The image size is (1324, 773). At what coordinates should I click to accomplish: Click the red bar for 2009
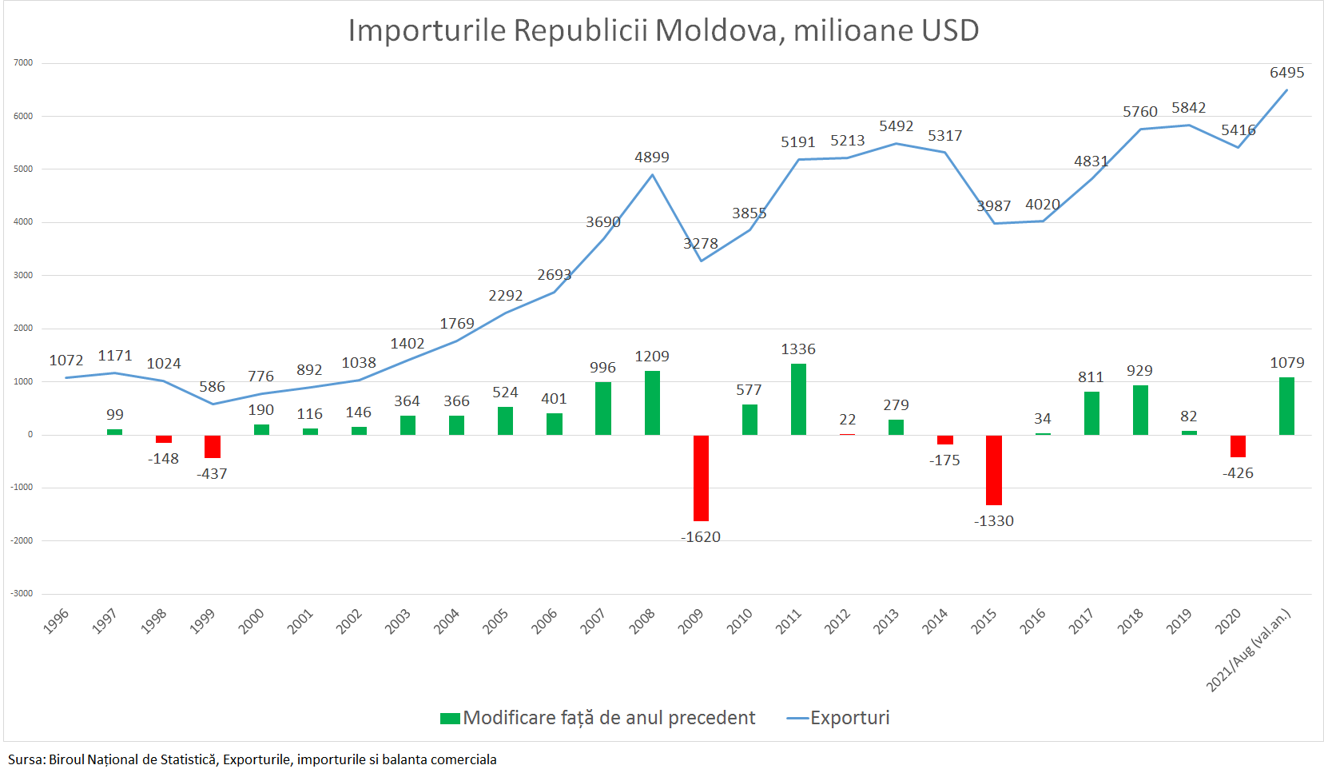click(701, 477)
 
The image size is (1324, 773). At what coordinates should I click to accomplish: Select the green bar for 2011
click(798, 399)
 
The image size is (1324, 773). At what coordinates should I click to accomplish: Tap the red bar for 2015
click(993, 469)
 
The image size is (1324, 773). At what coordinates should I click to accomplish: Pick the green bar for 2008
click(652, 402)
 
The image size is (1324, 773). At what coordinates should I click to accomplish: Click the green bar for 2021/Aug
click(1286, 406)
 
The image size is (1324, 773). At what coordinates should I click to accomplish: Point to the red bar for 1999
click(213, 446)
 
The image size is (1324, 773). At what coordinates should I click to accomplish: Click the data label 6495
click(1286, 73)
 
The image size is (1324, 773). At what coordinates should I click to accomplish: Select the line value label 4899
click(652, 157)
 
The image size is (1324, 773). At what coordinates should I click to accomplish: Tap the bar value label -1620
click(701, 537)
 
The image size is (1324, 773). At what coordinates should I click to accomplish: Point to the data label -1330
click(993, 521)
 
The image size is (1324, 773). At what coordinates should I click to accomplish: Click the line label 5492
click(896, 126)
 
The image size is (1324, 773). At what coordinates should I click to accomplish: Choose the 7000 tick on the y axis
click(23, 62)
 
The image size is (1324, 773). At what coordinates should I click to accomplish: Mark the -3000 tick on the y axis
click(22, 593)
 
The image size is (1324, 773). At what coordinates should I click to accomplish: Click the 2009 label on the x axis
click(690, 621)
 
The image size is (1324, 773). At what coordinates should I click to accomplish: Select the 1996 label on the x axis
click(56, 621)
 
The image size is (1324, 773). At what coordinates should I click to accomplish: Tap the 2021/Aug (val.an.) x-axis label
click(1248, 650)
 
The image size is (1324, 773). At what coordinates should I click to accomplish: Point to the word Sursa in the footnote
click(26, 759)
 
